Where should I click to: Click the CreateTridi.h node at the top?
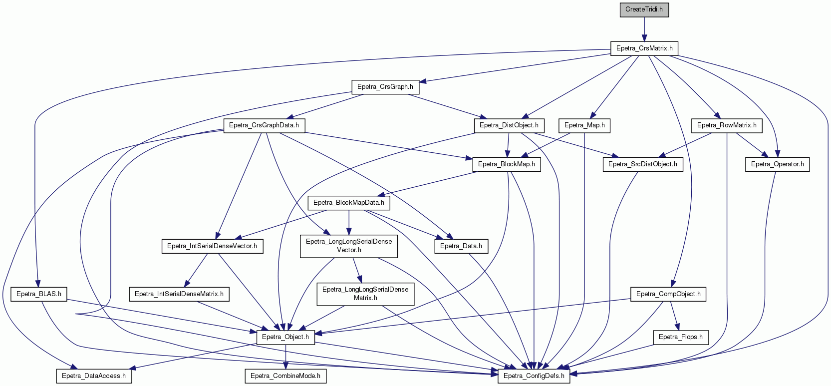pyautogui.click(x=644, y=9)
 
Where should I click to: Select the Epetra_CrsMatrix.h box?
pyautogui.click(x=644, y=48)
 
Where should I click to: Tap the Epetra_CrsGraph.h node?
pyautogui.click(x=385, y=87)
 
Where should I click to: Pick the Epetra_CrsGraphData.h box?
pyautogui.click(x=264, y=125)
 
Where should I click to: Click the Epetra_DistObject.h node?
pyautogui.click(x=509, y=125)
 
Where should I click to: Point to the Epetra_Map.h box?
pyautogui.click(x=584, y=125)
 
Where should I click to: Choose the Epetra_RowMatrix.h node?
pyautogui.click(x=727, y=125)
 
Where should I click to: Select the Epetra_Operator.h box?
pyautogui.click(x=777, y=164)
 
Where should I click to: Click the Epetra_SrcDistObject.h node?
pyautogui.click(x=642, y=164)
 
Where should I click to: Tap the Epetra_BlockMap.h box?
pyautogui.click(x=507, y=164)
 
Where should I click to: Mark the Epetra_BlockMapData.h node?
pyautogui.click(x=349, y=203)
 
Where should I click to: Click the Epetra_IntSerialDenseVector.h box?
pyautogui.click(x=212, y=247)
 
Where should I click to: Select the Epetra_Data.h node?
pyautogui.click(x=461, y=247)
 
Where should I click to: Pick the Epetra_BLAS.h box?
pyautogui.click(x=38, y=294)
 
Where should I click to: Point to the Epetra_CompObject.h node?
pyautogui.click(x=668, y=294)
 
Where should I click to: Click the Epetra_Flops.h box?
pyautogui.click(x=681, y=338)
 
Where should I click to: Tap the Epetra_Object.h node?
pyautogui.click(x=285, y=338)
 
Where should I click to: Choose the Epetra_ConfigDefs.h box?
pyautogui.click(x=534, y=376)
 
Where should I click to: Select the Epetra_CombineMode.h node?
pyautogui.click(x=285, y=376)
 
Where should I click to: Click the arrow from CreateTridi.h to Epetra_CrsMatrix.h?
pyautogui.click(x=644, y=29)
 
